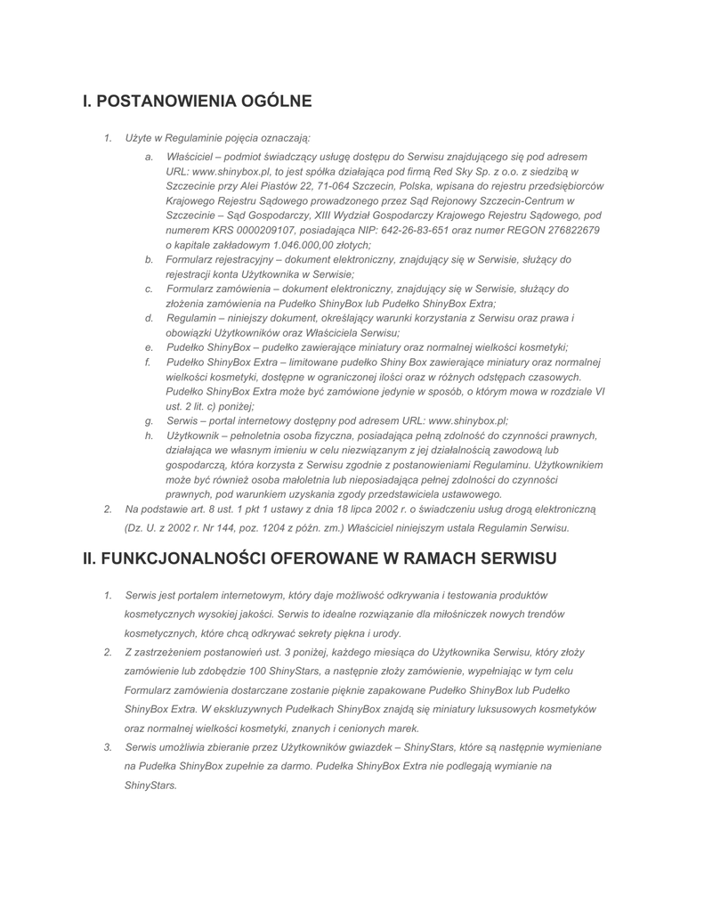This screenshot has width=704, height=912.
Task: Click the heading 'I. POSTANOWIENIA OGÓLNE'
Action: point(197,102)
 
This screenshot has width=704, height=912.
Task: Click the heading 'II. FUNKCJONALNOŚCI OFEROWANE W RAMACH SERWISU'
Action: point(320,558)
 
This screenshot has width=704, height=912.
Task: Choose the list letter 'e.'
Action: point(149,347)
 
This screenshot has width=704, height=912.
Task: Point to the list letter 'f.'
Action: point(148,362)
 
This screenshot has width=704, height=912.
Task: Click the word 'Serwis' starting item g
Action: point(182,420)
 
